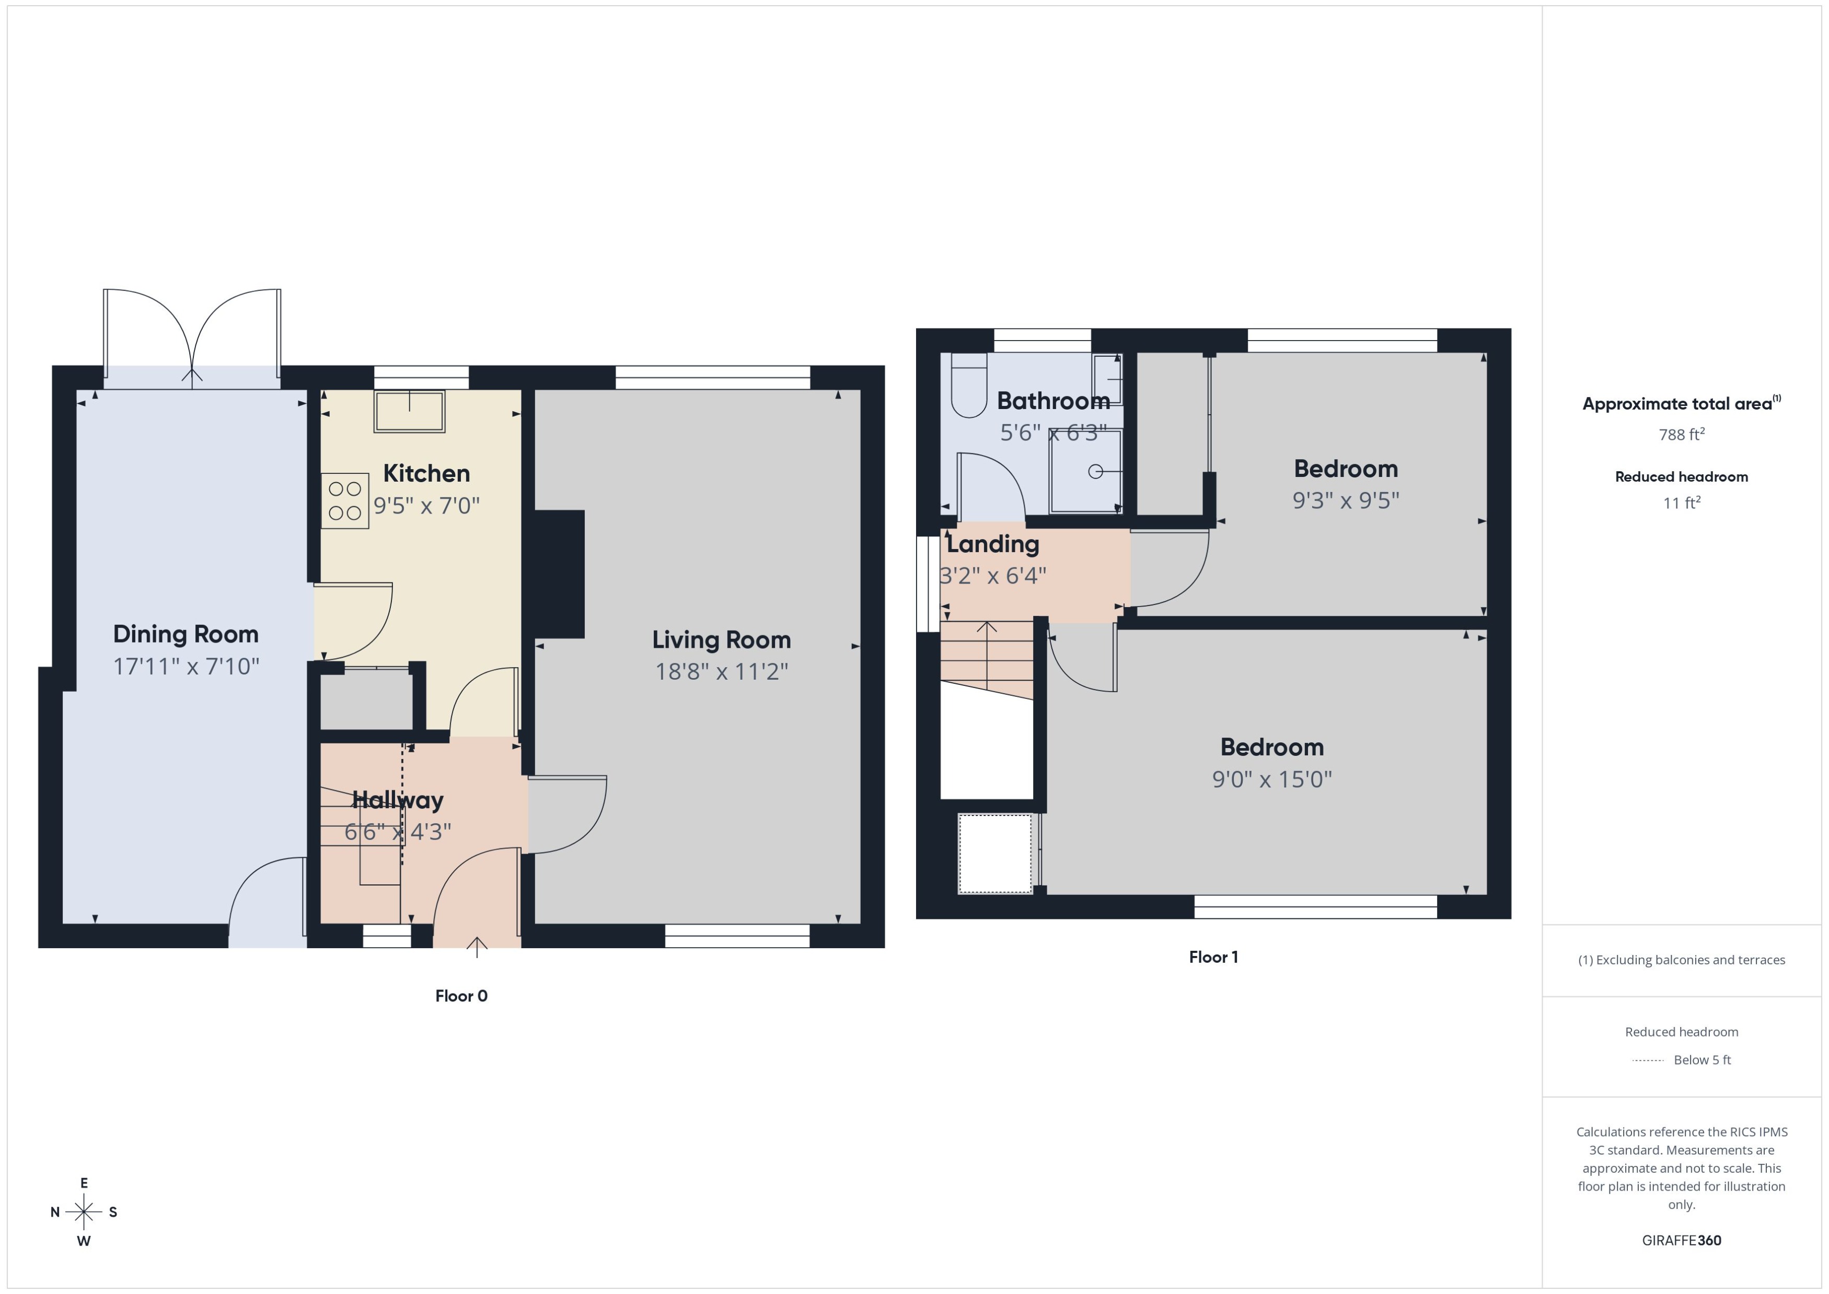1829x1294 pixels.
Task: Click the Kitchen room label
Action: click(x=426, y=473)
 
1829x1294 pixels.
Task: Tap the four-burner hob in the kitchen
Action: click(x=345, y=501)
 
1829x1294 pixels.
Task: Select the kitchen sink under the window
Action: click(x=409, y=411)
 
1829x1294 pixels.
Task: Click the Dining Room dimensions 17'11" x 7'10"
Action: click(x=187, y=666)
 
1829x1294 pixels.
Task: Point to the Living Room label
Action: click(x=721, y=640)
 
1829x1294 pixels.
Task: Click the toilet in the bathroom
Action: click(x=969, y=387)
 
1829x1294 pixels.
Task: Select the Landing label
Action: click(x=992, y=544)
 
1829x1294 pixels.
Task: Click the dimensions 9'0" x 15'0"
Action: click(x=1272, y=779)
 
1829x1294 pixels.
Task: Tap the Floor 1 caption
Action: click(x=1213, y=957)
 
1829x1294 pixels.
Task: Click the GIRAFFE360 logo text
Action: click(x=1681, y=1241)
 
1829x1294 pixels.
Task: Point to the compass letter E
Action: click(x=84, y=1183)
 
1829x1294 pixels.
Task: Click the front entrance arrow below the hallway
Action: click(x=477, y=947)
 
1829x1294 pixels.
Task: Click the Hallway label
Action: click(x=398, y=800)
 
